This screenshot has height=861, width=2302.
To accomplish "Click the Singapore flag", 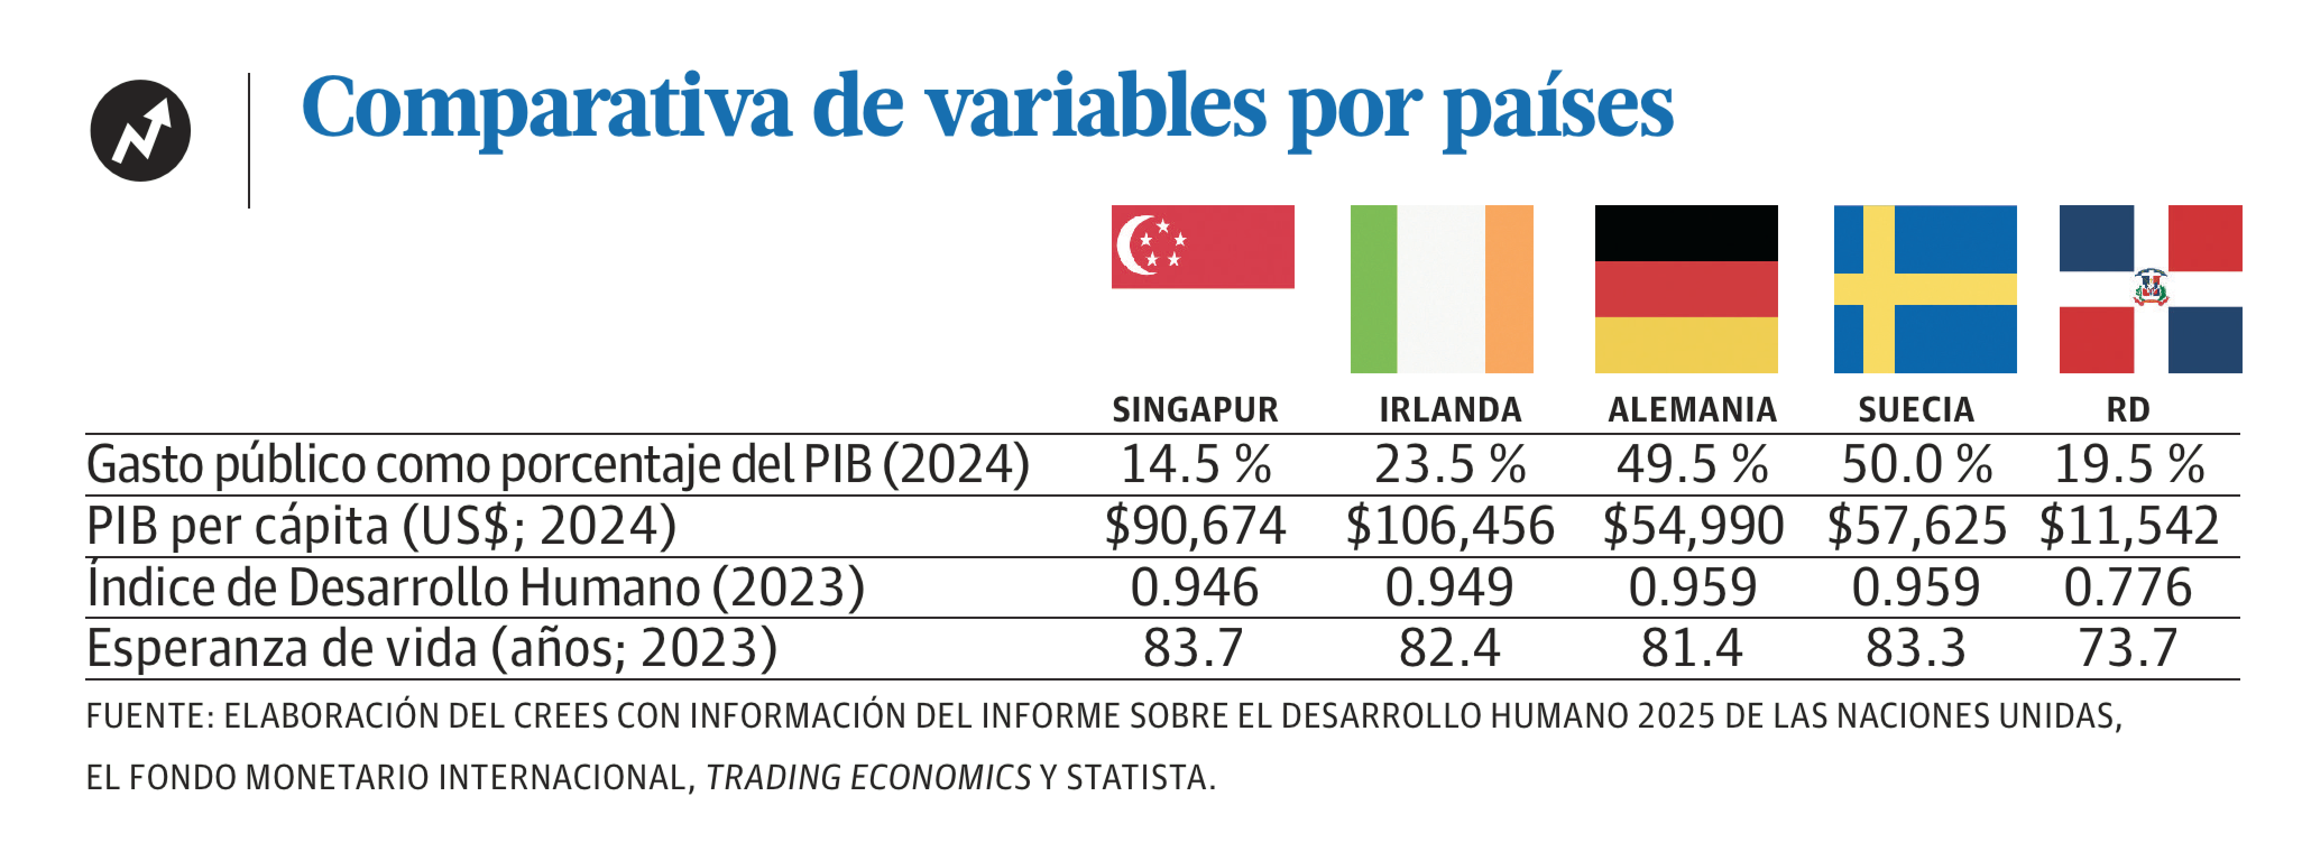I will coord(1202,247).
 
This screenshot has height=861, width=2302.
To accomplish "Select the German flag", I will coord(1686,289).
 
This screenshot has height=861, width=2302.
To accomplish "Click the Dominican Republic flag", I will coord(2150,289).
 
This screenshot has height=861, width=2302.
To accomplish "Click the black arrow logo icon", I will coord(140,131).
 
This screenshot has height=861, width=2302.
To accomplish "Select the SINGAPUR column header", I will coord(1195,410).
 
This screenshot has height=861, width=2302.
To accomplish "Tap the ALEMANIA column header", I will coord(1692,410).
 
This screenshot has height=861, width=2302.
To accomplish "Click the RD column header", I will coord(2128,410).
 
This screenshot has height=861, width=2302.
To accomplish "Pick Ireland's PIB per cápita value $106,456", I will coord(1449,525).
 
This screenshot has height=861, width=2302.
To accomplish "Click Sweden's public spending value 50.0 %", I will coord(1917,465).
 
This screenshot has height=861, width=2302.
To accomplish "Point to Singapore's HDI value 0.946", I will coord(1194,587).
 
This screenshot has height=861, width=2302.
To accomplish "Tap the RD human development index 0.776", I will coord(2128,587).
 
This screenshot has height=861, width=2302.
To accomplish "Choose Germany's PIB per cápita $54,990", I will coord(1692,525).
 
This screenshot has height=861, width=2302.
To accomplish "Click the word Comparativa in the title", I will coord(546,107).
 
